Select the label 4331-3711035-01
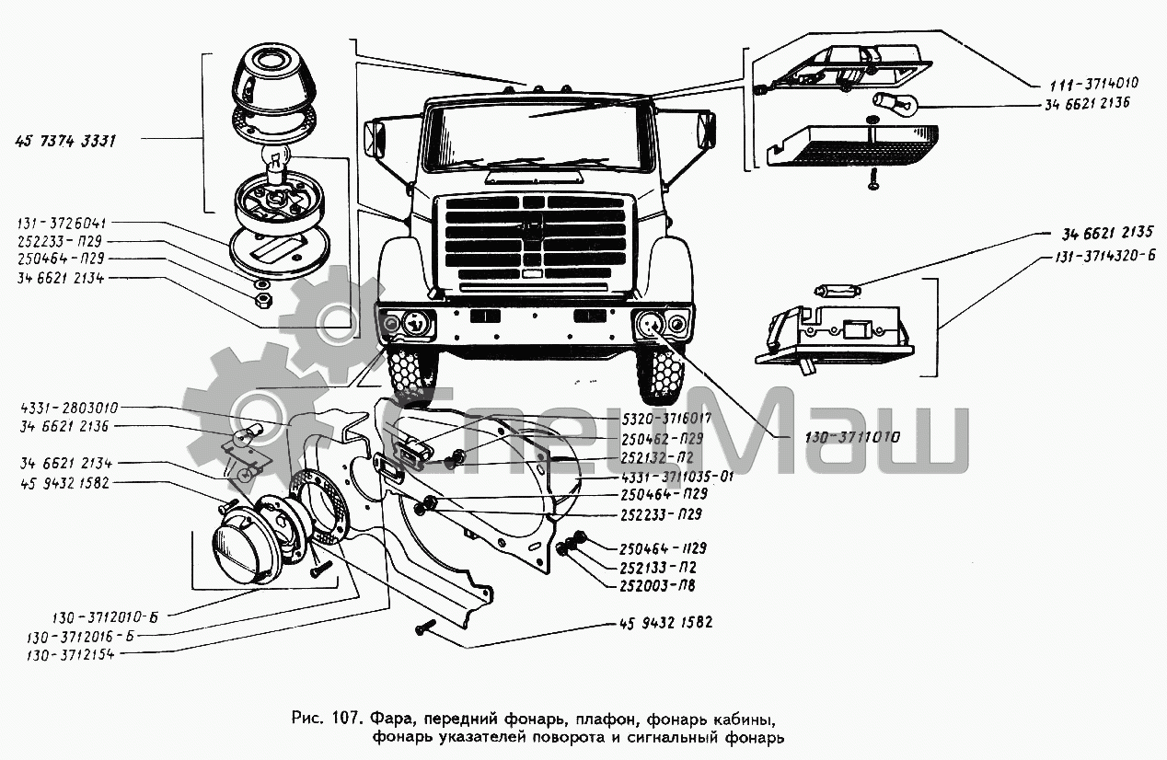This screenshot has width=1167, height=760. point(664,477)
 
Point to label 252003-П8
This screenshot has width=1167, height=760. point(656,582)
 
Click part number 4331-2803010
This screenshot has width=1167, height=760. point(74,408)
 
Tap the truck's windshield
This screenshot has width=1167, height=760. point(533,134)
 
